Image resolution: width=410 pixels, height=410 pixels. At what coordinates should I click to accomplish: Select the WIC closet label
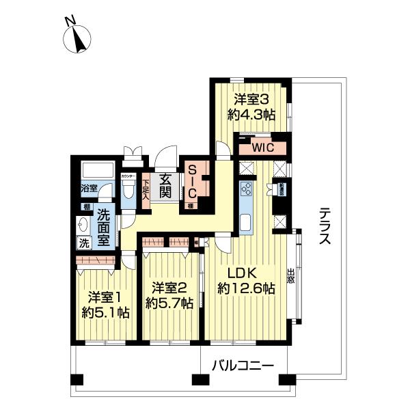tap(261, 146)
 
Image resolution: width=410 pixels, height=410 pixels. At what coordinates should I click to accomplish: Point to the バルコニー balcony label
tap(242, 366)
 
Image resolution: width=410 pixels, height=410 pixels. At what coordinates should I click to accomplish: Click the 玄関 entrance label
tap(165, 187)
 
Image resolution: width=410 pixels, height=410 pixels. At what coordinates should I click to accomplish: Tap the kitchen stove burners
tap(246, 190)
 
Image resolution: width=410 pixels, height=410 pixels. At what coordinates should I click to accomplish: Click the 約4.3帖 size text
tap(252, 115)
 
